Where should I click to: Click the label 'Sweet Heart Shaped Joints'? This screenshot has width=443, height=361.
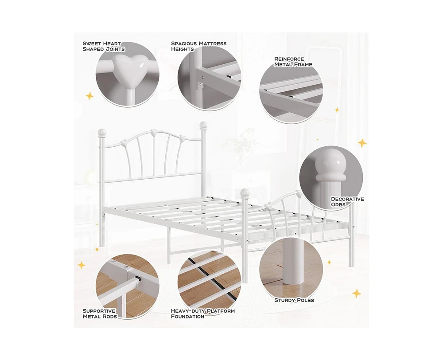[x=103, y=47]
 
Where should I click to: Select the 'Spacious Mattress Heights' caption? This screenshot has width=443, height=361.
[x=198, y=47]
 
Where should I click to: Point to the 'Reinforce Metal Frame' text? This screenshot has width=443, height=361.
[x=293, y=62]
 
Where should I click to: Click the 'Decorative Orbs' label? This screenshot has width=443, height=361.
[x=347, y=202]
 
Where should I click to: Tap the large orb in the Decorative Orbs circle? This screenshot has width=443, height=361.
[x=331, y=162]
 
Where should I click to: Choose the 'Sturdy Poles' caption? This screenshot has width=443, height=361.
[x=294, y=300]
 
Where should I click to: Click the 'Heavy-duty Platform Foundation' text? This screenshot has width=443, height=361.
[x=202, y=314]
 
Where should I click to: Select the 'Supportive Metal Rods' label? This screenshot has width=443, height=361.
[x=99, y=314]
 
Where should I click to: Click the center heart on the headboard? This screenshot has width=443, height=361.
[x=153, y=132]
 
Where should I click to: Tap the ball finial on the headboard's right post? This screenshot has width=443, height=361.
[x=203, y=125]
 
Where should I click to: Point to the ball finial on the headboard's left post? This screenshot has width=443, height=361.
[x=102, y=133]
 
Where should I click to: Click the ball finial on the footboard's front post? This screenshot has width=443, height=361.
[x=245, y=193]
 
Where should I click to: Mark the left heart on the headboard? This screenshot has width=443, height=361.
[x=124, y=142]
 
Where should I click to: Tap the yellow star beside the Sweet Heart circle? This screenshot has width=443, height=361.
[x=90, y=96]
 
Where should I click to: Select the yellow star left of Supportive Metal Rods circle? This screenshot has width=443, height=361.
[x=82, y=265]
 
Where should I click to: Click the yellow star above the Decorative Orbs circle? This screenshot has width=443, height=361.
[x=362, y=143]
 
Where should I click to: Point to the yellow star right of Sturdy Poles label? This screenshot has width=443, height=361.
[x=357, y=294]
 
